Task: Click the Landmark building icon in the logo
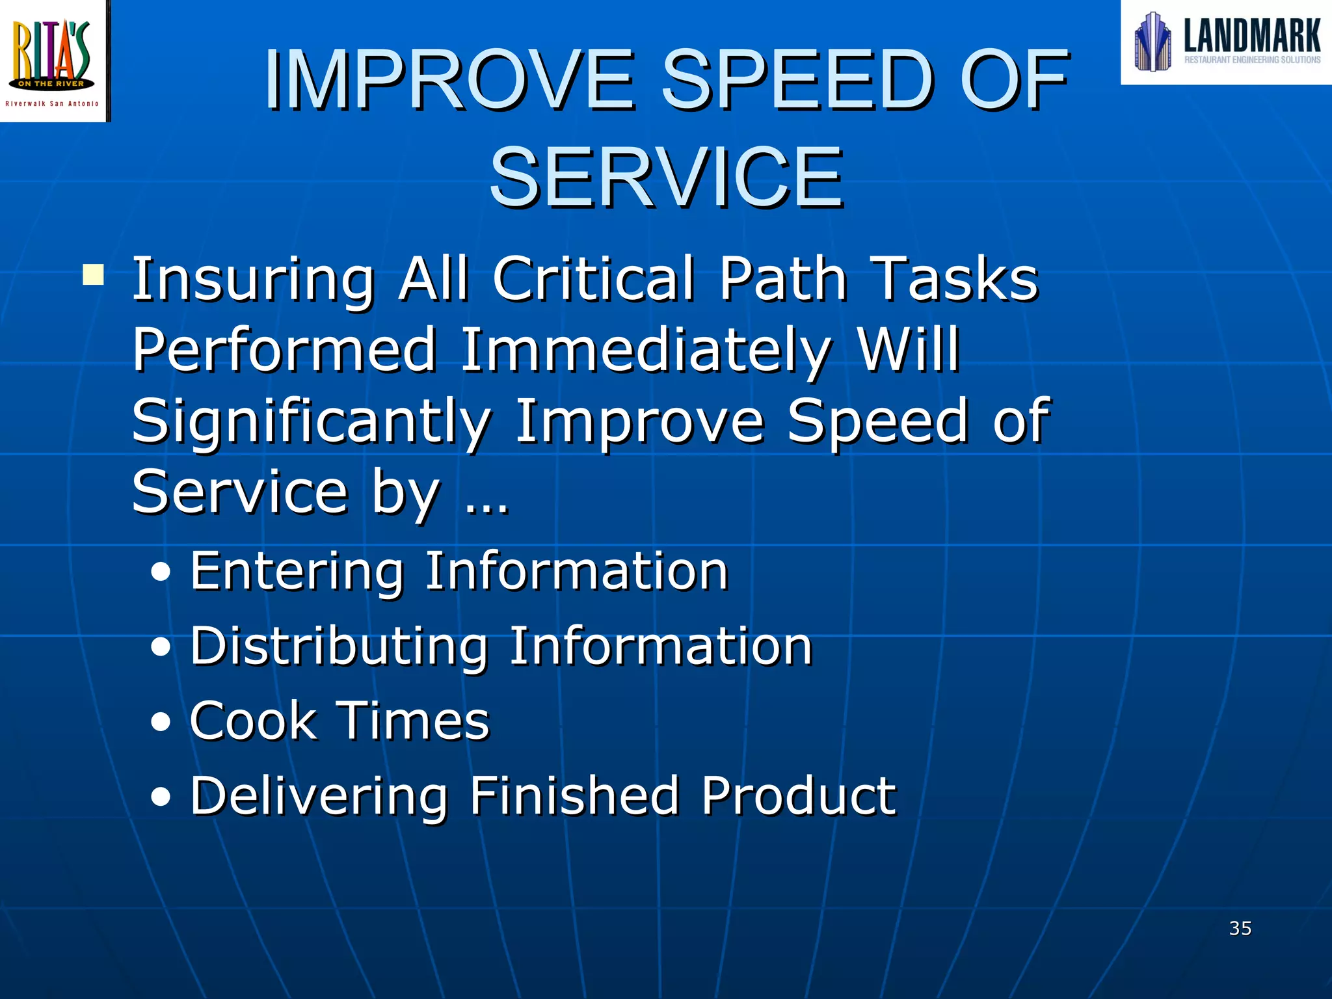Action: (x=1152, y=42)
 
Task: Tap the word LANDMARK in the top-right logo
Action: (x=1251, y=36)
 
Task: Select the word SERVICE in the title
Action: (x=666, y=177)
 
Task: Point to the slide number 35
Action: (x=1240, y=928)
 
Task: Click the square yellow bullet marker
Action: (x=94, y=276)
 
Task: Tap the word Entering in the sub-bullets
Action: (x=297, y=572)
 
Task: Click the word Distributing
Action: (x=338, y=647)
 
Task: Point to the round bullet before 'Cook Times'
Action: (x=161, y=722)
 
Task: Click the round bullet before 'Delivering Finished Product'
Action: (x=161, y=797)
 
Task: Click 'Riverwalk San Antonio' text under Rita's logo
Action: (x=52, y=103)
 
